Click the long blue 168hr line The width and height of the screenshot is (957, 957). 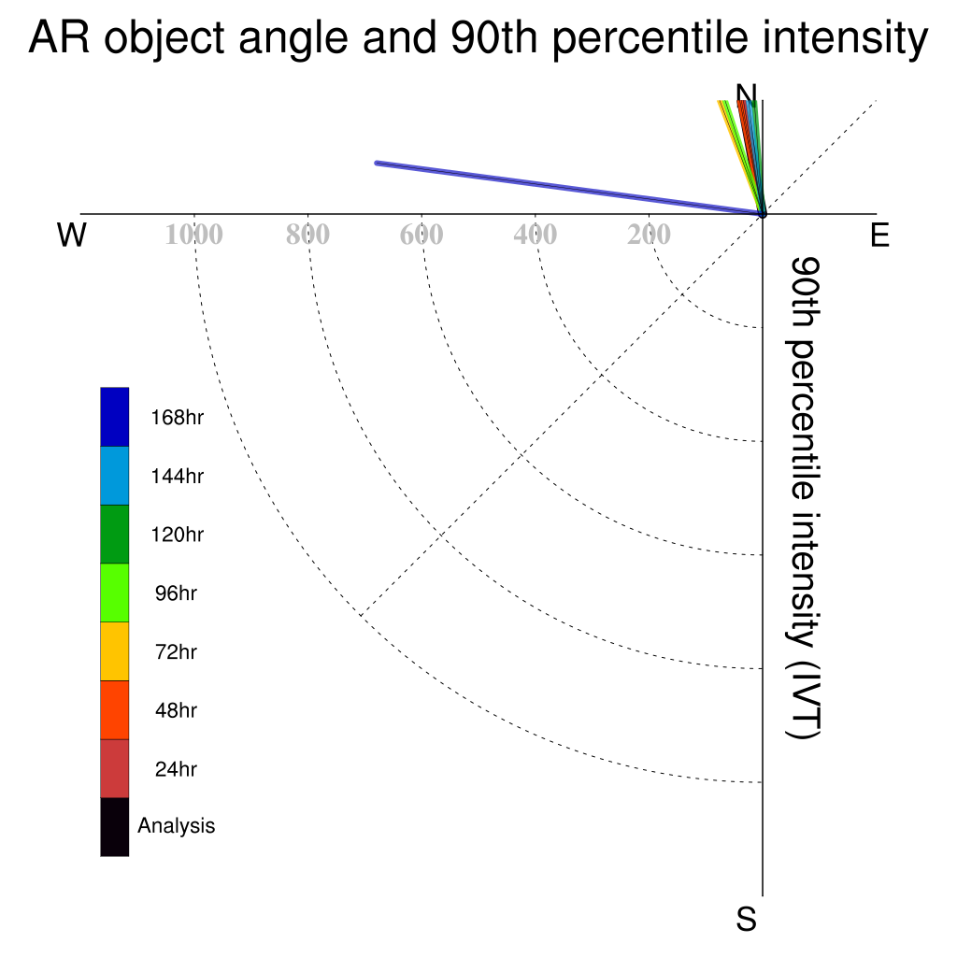pos(569,189)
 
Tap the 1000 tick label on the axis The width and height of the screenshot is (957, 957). pos(194,235)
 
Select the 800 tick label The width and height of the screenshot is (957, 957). pos(307,235)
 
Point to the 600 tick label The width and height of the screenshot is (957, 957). pos(421,235)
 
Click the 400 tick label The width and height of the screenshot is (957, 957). pos(536,235)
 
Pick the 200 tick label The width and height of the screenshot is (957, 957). pos(649,235)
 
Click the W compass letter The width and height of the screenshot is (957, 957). pos(71,235)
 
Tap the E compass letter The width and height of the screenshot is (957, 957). pos(879,235)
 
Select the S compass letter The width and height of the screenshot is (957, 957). pos(747,919)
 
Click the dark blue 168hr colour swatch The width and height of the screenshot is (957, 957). pos(115,417)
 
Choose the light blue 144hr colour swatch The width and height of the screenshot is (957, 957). pos(115,476)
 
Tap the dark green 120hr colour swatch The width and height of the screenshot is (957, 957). pos(115,534)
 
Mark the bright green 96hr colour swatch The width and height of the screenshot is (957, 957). pos(115,593)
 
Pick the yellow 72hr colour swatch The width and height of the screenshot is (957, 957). pos(115,651)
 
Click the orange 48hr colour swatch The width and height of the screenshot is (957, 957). pos(115,710)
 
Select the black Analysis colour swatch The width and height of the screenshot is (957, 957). pos(115,827)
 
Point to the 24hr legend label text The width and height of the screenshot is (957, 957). pos(176,769)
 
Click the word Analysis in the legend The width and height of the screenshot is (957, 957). pos(177,826)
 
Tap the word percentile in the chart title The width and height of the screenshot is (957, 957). pos(650,39)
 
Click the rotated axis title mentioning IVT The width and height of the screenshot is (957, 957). pos(804,498)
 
